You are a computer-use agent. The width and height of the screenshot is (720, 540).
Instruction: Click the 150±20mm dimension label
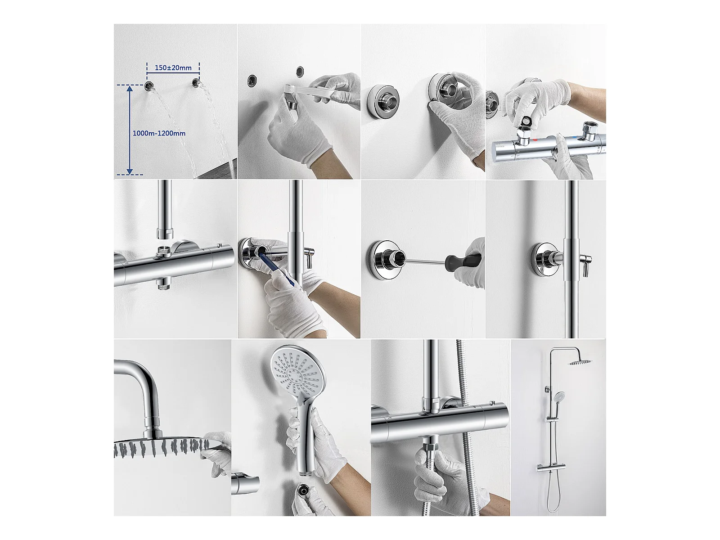[173, 68]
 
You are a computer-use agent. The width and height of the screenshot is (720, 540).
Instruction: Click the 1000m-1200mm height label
[159, 134]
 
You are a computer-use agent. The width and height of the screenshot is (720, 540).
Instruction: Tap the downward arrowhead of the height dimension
[130, 171]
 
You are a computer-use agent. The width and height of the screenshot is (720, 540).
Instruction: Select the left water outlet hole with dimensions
[149, 86]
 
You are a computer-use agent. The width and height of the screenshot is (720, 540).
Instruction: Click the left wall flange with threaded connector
[379, 100]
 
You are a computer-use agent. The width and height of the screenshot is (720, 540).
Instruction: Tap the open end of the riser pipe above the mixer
[164, 234]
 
